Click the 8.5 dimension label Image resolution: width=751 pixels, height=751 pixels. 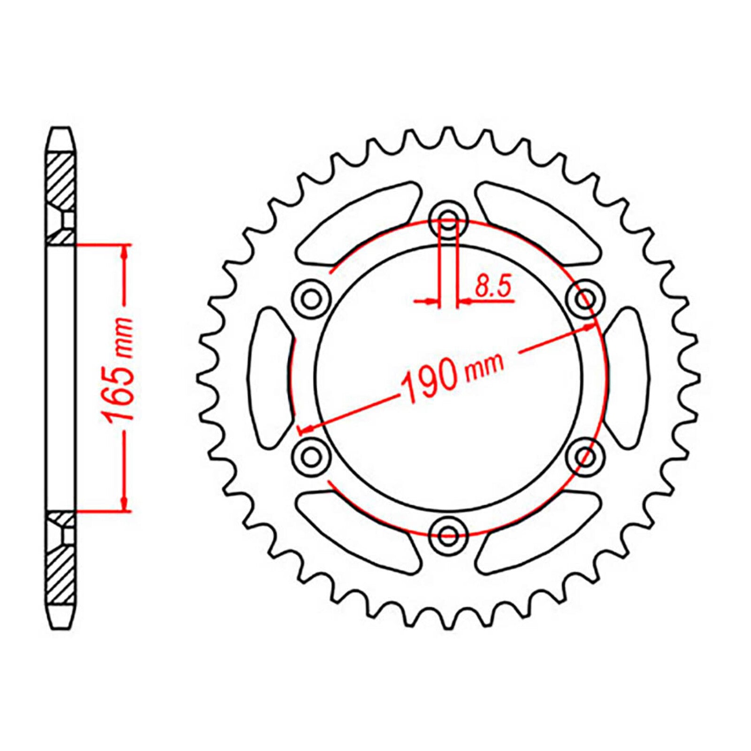click(492, 286)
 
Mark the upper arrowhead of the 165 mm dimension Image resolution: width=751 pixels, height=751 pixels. click(124, 252)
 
